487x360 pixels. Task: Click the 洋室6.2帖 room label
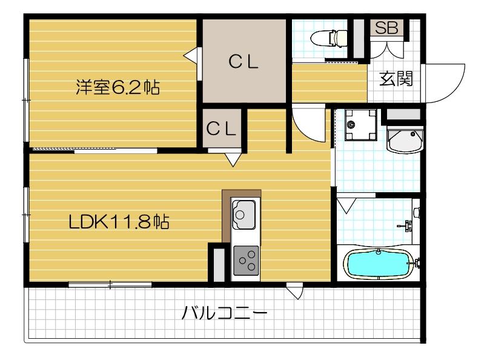[x=118, y=88]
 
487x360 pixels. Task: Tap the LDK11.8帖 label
[x=118, y=222]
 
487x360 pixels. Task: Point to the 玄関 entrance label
[x=396, y=79]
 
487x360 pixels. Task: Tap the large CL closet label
[x=244, y=61]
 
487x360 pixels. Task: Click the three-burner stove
[x=246, y=261]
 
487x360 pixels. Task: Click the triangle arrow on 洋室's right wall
[x=190, y=55]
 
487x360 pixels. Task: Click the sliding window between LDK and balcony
[x=110, y=284]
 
